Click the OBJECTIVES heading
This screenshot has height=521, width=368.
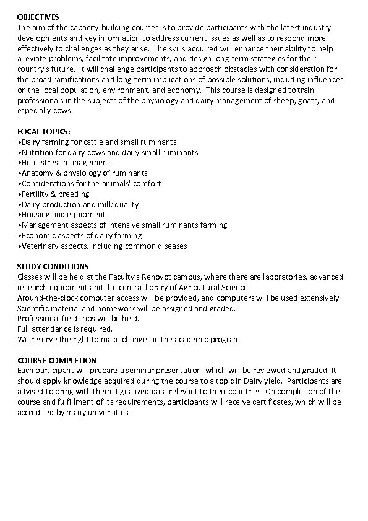[38, 17]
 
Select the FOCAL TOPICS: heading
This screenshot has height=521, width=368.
[44, 132]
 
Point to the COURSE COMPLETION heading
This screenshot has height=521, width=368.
[56, 360]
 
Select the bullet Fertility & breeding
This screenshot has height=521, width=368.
[55, 194]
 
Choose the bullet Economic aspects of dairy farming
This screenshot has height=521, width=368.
[81, 235]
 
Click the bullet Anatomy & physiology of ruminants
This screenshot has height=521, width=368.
[83, 173]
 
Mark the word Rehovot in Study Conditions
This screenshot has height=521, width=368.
[168, 277]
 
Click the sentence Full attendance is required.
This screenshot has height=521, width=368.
[65, 329]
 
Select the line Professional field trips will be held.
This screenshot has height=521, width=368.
[78, 319]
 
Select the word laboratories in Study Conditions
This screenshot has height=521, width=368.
[280, 277]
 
